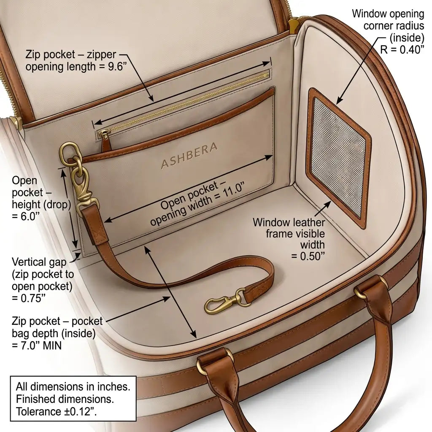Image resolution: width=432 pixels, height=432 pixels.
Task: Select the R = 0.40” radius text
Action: tap(402, 50)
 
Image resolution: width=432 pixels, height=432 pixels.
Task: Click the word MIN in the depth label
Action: tap(52, 346)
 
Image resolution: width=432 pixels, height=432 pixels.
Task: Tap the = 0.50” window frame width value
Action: tap(308, 256)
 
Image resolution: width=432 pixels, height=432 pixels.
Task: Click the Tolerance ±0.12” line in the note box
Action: tap(56, 412)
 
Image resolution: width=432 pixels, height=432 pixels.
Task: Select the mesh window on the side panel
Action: tap(339, 157)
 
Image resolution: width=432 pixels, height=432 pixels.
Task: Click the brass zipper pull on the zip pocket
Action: tap(105, 139)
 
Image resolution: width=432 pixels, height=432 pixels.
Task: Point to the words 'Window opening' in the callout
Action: tap(388, 14)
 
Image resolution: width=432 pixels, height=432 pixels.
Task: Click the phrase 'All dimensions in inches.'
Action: tap(73, 386)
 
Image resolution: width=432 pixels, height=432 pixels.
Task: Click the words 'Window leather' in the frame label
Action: tap(289, 222)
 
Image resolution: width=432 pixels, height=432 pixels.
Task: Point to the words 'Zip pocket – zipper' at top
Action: tap(71, 54)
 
